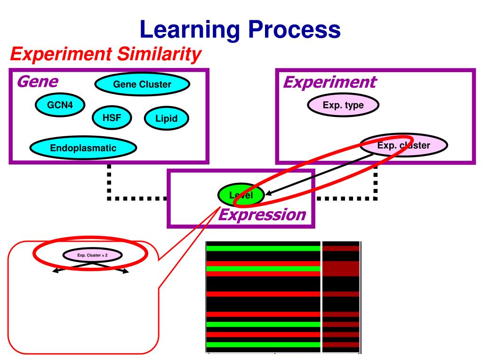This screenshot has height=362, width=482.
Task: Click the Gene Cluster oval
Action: (142, 85)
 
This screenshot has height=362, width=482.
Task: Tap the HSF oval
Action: (112, 117)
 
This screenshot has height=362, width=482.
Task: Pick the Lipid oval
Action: (166, 118)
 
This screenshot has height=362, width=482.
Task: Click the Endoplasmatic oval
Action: (83, 148)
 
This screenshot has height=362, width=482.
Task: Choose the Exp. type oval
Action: (343, 105)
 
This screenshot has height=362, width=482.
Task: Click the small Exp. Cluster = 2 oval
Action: (93, 255)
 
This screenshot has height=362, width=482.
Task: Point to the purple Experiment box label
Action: (329, 82)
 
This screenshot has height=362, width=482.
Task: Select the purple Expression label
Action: (262, 215)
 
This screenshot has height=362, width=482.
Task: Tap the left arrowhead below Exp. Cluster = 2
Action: (55, 271)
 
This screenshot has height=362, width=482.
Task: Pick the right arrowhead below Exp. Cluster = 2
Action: (127, 271)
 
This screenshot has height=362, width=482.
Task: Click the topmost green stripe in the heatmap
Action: (263, 248)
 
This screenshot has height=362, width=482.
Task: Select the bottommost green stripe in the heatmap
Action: (263, 345)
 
